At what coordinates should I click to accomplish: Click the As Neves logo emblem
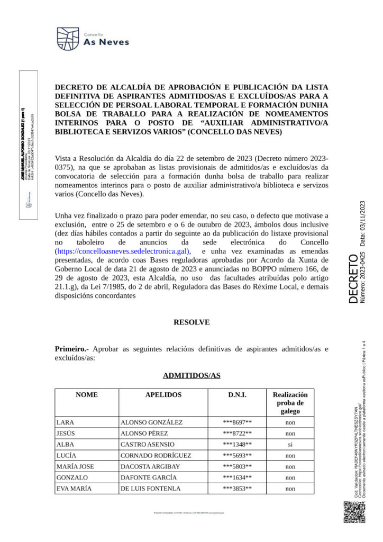point(68,39)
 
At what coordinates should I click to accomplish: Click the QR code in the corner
point(354,512)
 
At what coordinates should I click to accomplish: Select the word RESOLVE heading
point(191,322)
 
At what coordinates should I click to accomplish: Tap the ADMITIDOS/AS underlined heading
point(191,375)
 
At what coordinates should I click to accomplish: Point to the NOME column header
point(87,395)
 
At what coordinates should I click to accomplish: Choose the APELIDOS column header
point(163,395)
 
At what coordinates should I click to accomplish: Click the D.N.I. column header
point(237,395)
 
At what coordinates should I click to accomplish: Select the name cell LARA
point(66,422)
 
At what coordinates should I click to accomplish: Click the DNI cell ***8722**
point(237,433)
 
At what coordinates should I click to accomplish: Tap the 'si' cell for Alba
point(290,444)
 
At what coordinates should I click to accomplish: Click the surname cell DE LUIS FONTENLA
point(151,489)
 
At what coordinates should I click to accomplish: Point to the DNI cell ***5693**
point(237,455)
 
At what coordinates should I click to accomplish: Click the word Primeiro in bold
point(71,349)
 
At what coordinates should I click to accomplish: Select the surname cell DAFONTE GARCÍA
point(149,477)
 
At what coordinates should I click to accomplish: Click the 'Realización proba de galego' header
point(290,403)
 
